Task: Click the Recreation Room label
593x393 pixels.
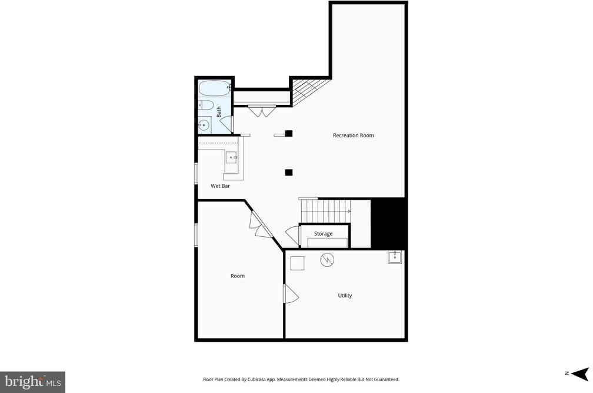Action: pos(353,135)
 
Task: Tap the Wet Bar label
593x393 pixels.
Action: pos(220,186)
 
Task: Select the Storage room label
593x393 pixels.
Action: pos(324,233)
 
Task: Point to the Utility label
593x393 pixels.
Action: pos(345,295)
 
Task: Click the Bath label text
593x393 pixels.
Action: pos(219,111)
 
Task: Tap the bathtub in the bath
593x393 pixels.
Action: pos(215,88)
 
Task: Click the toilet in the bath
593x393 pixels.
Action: pos(206,105)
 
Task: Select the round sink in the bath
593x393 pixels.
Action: pos(205,124)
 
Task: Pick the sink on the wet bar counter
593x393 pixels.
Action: pos(231,157)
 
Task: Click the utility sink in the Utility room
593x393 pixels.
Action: pos(395,257)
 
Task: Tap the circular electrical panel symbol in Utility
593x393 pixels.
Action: pos(327,260)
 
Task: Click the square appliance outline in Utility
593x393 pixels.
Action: pos(297,263)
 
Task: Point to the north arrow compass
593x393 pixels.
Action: pos(580,374)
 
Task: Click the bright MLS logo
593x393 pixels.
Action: pos(32,382)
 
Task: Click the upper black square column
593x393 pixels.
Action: pos(288,133)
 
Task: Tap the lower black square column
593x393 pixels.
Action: pos(288,173)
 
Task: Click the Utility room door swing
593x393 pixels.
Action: pos(291,294)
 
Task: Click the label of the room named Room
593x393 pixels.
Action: pos(238,276)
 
